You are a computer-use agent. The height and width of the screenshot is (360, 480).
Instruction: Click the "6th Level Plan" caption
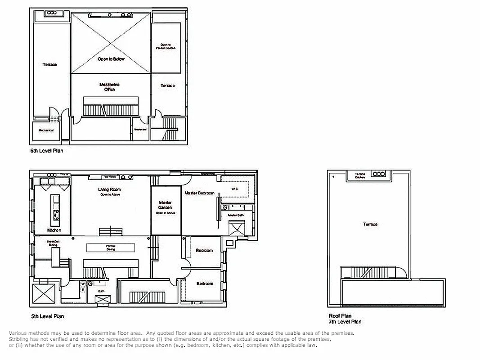coord(47,151)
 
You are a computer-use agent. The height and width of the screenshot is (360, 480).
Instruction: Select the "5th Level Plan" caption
coord(47,316)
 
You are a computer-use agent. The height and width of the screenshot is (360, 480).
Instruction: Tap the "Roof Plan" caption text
coord(340,316)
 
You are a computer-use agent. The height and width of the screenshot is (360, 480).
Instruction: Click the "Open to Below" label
coord(111,59)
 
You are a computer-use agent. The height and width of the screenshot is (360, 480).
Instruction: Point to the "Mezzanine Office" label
coord(110,87)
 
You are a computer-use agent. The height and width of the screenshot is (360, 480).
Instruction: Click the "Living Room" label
coord(109,189)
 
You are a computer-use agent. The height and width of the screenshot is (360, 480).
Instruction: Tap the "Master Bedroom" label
coord(199,193)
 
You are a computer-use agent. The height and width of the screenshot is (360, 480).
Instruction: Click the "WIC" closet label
coord(234,189)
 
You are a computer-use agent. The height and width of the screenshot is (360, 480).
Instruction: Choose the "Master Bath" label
coord(235,216)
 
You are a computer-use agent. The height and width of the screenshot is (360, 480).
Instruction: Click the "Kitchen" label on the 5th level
coord(54,230)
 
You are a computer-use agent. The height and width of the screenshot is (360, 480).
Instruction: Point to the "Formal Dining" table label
coord(111,247)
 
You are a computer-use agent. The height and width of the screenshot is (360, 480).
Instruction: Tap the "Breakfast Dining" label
coord(53,243)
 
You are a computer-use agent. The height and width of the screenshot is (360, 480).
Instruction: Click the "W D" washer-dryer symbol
coord(82,287)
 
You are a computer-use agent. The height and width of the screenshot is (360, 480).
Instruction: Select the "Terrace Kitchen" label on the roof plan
coord(360,176)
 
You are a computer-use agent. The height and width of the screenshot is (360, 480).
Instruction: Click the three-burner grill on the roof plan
coord(378,174)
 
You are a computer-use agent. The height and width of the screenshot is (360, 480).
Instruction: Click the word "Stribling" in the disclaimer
coord(18,339)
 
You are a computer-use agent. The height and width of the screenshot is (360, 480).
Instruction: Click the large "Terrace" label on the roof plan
coord(370,224)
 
